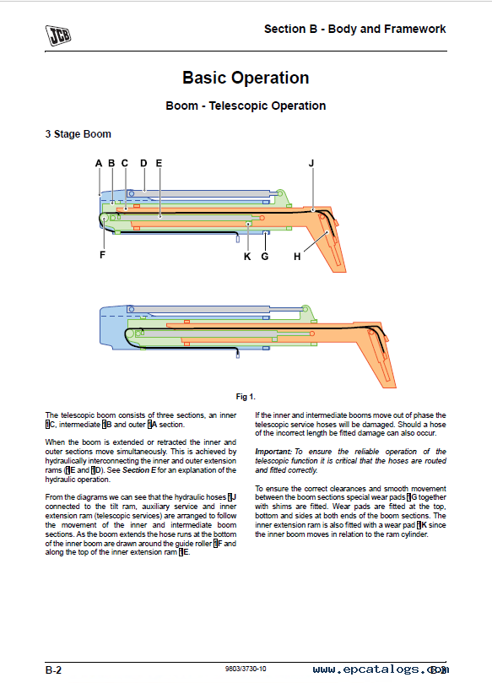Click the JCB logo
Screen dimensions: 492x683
[58, 35]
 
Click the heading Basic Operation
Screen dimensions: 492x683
[246, 78]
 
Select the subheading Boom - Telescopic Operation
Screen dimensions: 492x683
[246, 106]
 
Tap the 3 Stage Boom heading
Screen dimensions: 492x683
[78, 134]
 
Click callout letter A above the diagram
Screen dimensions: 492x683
[99, 163]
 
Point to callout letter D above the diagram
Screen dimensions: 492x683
[143, 163]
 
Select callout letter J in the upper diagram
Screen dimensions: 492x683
[311, 163]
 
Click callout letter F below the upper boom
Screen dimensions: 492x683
[102, 255]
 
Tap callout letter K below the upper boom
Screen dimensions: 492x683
[247, 257]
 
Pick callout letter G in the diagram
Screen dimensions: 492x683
[265, 257]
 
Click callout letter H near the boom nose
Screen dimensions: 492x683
[297, 257]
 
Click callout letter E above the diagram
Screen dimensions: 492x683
[159, 163]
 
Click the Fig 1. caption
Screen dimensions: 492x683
[246, 397]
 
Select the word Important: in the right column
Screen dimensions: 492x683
[273, 452]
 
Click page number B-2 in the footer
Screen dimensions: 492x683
[53, 670]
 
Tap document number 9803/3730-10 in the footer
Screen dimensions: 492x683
[246, 669]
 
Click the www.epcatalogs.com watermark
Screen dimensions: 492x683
[381, 669]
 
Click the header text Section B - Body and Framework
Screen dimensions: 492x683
[354, 30]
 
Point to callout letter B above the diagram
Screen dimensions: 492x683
[111, 163]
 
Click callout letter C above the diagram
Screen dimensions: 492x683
[125, 163]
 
